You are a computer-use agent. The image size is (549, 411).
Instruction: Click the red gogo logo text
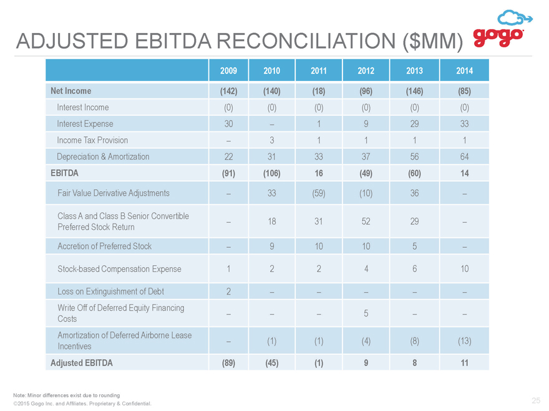pyautogui.click(x=498, y=37)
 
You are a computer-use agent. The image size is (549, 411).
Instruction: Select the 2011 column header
pyautogui.click(x=319, y=70)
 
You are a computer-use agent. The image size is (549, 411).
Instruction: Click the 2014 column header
pyautogui.click(x=464, y=70)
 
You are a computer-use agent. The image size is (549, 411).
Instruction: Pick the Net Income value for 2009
pyautogui.click(x=228, y=91)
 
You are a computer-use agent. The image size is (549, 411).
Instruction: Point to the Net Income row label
pyautogui.click(x=70, y=91)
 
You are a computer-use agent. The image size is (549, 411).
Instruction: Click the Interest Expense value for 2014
pyautogui.click(x=464, y=124)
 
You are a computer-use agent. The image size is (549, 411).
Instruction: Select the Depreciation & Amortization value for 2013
pyautogui.click(x=414, y=156)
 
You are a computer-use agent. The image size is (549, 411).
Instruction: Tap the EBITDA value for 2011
pyautogui.click(x=319, y=173)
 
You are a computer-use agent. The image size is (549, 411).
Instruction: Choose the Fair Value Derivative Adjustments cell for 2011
pyautogui.click(x=319, y=193)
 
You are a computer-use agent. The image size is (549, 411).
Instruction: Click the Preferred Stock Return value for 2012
pyautogui.click(x=366, y=221)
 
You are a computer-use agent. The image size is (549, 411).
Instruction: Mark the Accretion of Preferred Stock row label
pyautogui.click(x=104, y=246)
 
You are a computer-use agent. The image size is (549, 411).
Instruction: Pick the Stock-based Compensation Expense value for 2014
pyautogui.click(x=464, y=269)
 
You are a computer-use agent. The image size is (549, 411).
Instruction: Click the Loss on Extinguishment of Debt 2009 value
pyautogui.click(x=228, y=291)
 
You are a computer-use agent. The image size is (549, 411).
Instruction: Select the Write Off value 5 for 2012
pyautogui.click(x=366, y=313)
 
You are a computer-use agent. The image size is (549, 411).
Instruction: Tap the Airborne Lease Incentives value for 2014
pyautogui.click(x=464, y=341)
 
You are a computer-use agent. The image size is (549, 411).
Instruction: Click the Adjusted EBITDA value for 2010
pyautogui.click(x=272, y=363)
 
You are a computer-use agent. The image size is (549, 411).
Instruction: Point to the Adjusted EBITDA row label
pyautogui.click(x=82, y=363)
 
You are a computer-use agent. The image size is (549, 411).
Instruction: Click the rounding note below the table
pyautogui.click(x=67, y=395)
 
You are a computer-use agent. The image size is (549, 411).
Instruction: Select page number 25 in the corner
pyautogui.click(x=536, y=400)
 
